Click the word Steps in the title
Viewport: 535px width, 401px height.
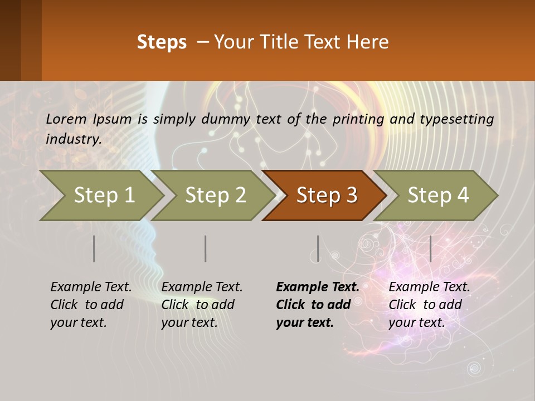(x=162, y=42)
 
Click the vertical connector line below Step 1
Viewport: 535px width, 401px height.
(x=94, y=248)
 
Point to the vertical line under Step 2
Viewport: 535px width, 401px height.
(x=206, y=248)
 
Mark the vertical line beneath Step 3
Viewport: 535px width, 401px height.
(x=318, y=248)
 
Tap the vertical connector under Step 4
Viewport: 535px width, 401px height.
(x=430, y=248)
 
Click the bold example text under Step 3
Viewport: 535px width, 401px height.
(x=317, y=305)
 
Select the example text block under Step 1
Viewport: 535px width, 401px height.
(x=91, y=305)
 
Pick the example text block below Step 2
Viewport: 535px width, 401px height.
(x=202, y=305)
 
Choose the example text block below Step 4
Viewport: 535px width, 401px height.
(x=429, y=305)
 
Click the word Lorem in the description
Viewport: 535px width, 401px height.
(x=66, y=119)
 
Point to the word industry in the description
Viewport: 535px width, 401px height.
(x=73, y=139)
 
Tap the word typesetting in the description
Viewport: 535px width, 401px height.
(x=456, y=119)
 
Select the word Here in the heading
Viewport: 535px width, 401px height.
(x=368, y=42)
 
